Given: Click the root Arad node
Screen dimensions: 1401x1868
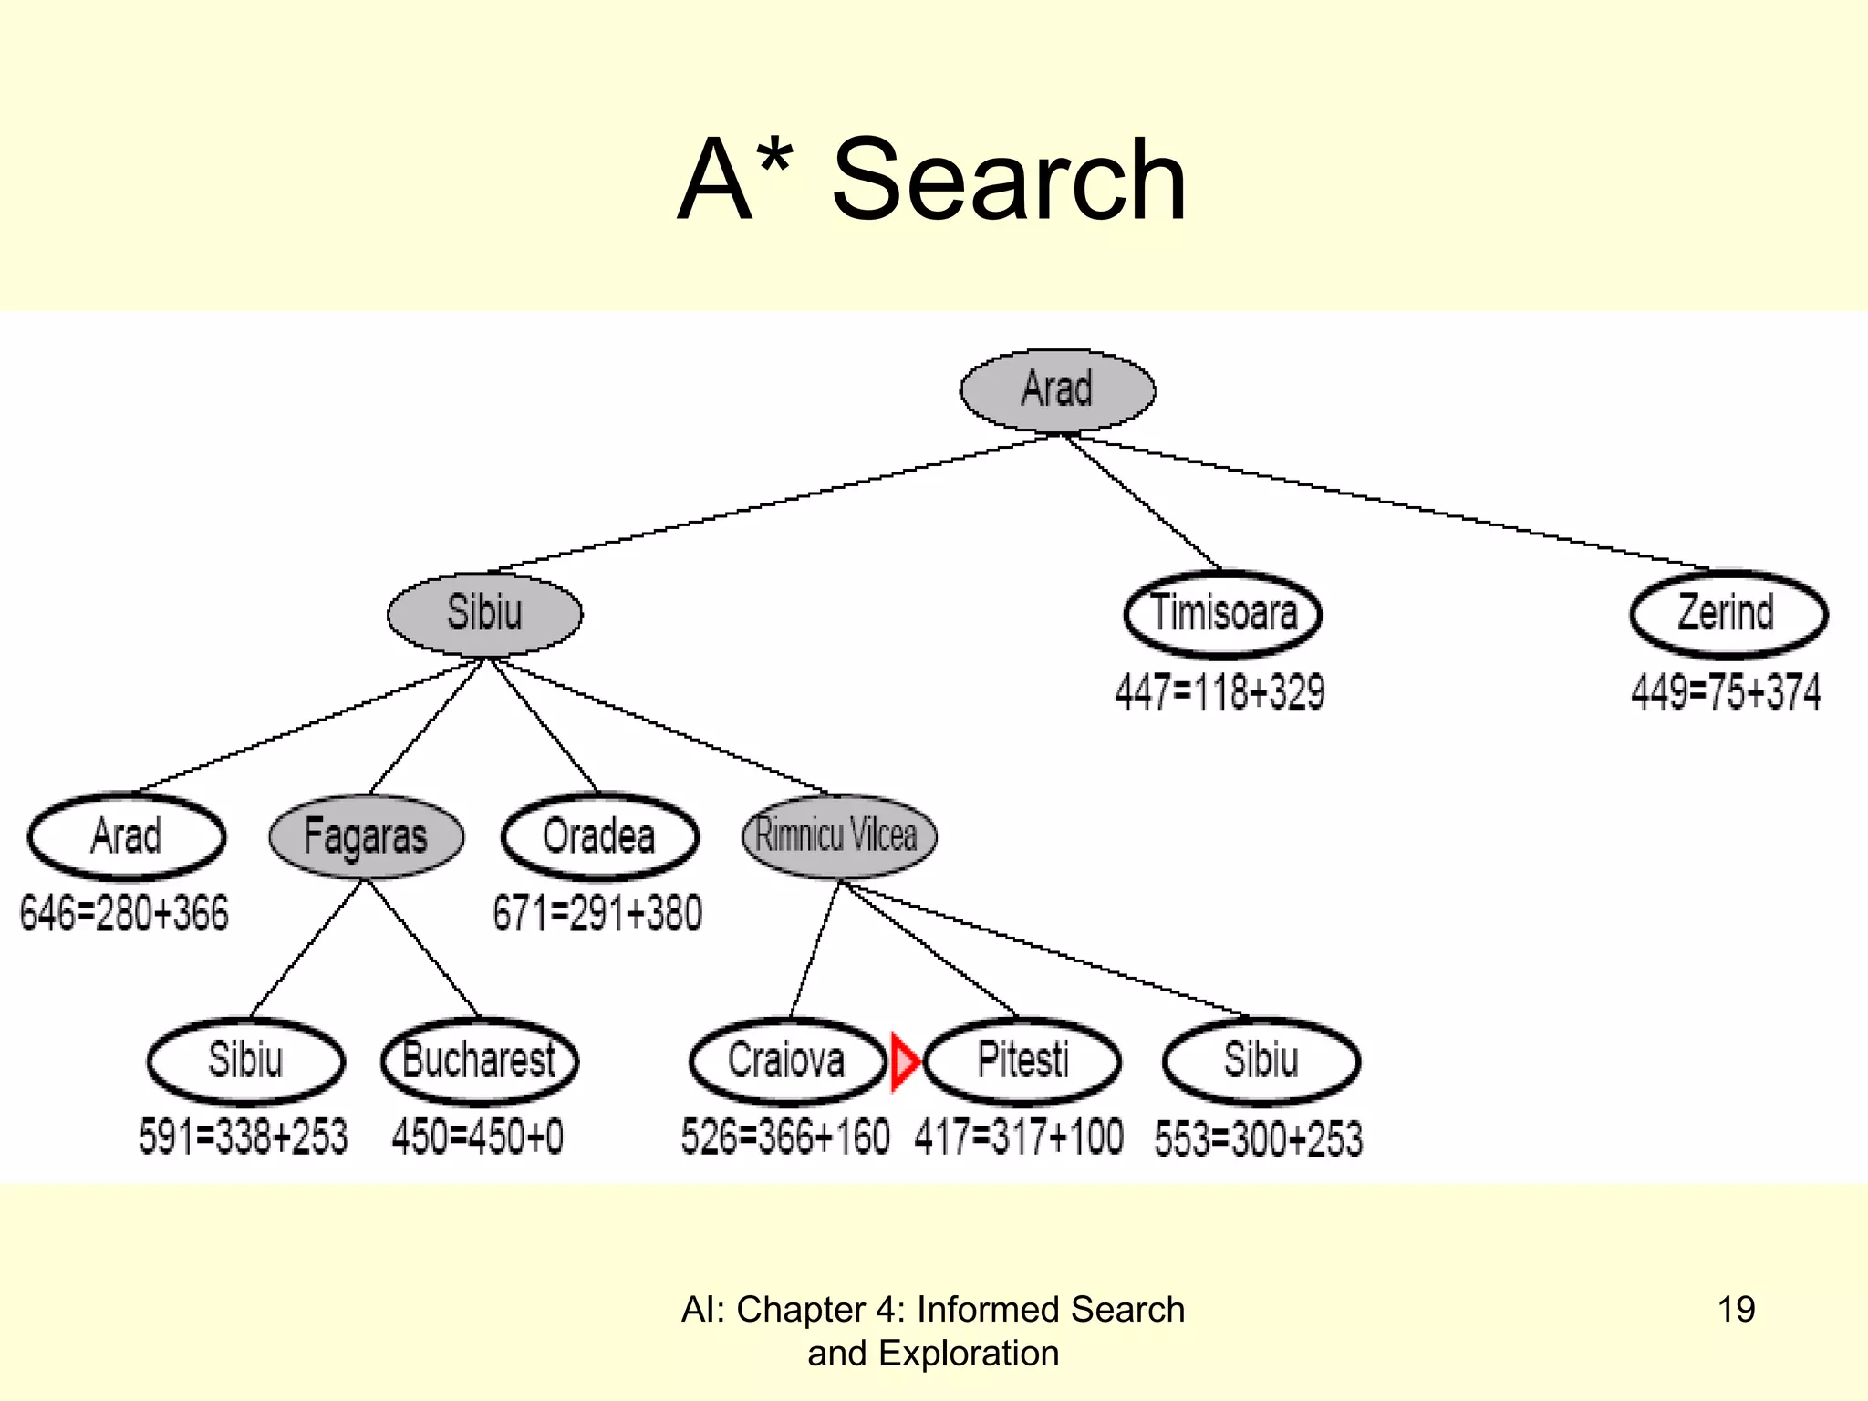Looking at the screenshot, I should (1057, 389).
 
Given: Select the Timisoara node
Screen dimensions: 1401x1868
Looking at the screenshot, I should (1222, 613).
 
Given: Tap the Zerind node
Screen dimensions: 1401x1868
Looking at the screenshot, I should (1728, 613).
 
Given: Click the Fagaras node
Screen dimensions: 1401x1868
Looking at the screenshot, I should (366, 836).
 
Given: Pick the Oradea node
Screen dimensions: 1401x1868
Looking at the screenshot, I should (599, 836).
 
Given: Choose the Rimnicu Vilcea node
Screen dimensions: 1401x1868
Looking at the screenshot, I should (838, 835).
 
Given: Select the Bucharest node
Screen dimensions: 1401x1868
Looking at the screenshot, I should (479, 1061).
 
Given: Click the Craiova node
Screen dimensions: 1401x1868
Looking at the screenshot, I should (787, 1061).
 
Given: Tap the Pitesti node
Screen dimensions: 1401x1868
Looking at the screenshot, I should (1022, 1061).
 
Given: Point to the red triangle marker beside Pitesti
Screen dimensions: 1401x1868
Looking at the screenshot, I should (903, 1061).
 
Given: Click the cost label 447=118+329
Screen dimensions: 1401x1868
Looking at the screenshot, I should (1219, 692).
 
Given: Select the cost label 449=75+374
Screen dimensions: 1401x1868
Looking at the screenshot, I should (1726, 692).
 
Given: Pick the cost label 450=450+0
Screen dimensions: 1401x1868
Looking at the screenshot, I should (477, 1137).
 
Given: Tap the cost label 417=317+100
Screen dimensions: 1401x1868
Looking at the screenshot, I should (1019, 1137).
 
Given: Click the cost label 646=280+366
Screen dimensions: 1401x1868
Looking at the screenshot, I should (124, 913).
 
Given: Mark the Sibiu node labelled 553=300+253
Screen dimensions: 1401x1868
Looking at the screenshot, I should (1261, 1061).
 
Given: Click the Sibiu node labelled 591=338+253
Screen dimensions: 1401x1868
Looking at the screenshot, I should (245, 1061).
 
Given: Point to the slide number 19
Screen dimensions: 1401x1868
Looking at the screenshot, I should (1736, 1310).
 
